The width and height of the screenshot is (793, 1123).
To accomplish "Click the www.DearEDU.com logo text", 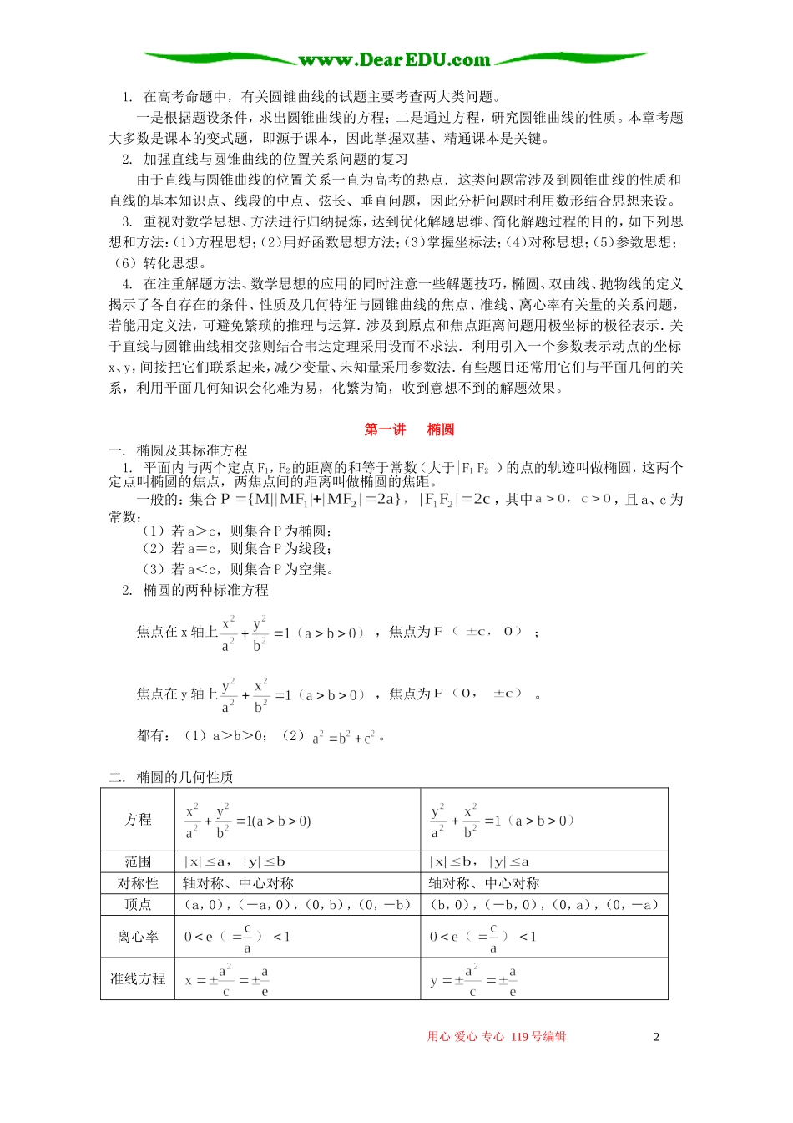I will point(394,60).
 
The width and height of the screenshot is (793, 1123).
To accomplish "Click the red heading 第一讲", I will point(385,429).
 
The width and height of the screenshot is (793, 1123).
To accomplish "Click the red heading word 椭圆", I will point(441,429).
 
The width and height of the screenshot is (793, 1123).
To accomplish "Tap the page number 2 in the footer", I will point(656,1037).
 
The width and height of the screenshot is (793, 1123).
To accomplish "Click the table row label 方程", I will point(138,820).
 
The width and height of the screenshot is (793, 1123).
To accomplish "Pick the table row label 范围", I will point(138,861).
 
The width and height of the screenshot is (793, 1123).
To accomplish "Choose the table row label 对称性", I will point(138,883).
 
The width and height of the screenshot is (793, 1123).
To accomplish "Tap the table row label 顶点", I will point(138,905).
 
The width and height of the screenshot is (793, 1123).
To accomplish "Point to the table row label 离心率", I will point(138,937).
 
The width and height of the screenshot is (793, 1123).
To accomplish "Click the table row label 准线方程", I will point(138,978).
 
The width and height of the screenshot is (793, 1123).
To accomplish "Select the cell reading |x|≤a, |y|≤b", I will point(235,861).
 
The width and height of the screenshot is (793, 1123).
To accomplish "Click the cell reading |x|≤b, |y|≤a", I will point(479,861).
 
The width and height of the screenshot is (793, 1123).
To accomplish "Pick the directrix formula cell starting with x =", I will point(227,980).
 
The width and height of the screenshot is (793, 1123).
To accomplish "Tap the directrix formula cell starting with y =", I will point(473,980).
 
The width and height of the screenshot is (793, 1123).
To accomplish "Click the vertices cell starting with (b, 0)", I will point(544,905).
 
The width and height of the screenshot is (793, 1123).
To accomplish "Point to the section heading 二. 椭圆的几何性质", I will point(170,777).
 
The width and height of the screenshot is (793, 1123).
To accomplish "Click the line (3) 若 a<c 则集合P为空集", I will point(239,570).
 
